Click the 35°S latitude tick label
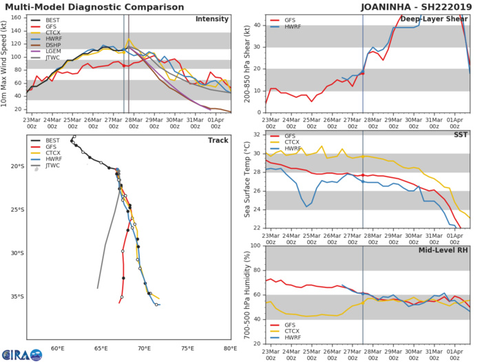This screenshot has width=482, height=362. coord(17,296)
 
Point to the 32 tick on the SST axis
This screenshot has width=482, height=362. coord(256,134)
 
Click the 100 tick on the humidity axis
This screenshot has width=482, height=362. coord(253,245)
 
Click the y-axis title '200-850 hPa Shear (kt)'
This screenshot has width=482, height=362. coord(244,63)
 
